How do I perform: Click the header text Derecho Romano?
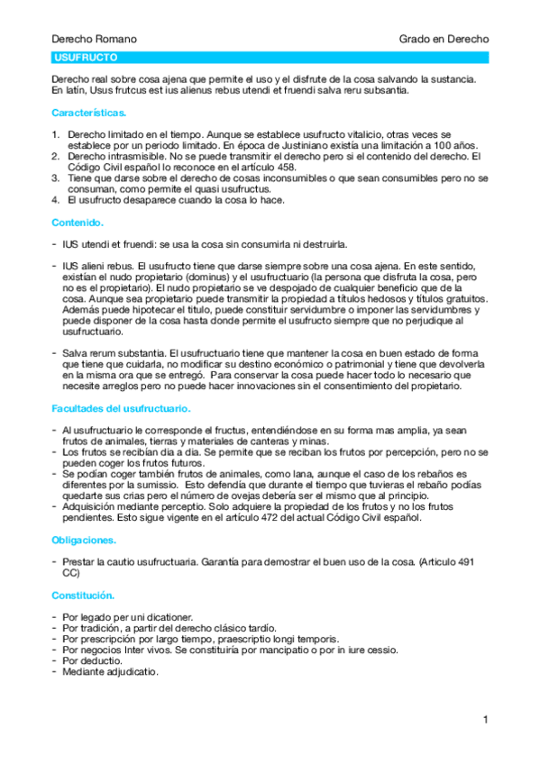coord(95,40)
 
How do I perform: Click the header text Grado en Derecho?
coord(444,40)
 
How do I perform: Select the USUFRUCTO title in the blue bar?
coord(80,58)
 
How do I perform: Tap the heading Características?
coord(89,114)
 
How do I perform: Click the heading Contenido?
coord(78,222)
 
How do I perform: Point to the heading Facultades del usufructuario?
coord(121,409)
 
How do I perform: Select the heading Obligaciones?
coord(84,540)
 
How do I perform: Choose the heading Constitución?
coord(83,595)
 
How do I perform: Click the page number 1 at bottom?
coord(485,719)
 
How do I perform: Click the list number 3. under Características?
coord(56,177)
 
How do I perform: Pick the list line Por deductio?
coord(93,660)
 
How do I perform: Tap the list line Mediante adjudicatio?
coord(111,671)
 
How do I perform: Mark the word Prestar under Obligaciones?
coord(78,562)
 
